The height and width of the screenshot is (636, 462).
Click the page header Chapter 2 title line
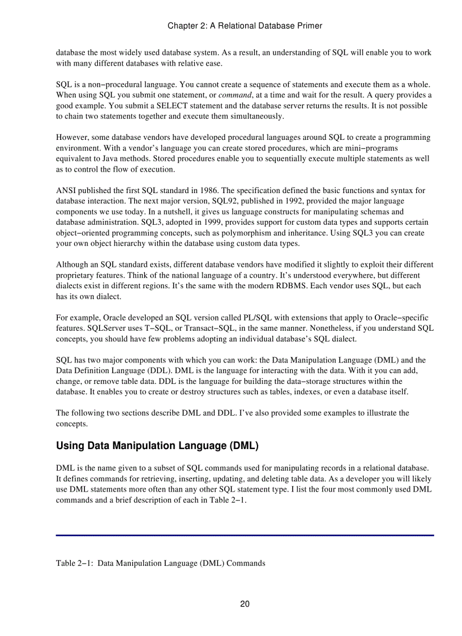point(245,25)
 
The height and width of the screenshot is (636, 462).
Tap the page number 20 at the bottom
point(245,604)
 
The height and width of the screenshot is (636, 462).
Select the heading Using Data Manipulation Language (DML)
point(157,446)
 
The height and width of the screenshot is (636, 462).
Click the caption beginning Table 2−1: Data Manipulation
point(160,564)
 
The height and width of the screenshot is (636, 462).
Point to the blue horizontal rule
point(245,535)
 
